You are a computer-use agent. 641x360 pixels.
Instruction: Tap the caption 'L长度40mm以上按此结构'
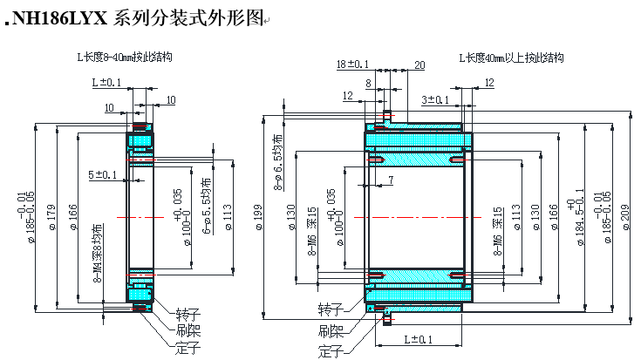pos(511,58)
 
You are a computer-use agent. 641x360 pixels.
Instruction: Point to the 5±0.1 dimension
pos(103,175)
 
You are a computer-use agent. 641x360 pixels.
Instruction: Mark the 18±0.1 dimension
pos(351,64)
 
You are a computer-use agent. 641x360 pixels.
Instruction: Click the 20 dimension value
pos(419,65)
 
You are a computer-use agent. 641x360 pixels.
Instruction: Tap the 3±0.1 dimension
pos(437,100)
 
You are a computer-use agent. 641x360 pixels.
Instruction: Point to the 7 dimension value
pos(390,180)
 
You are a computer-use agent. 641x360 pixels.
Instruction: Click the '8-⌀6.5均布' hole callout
pos(278,161)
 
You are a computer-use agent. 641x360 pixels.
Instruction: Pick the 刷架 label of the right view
pos(331,331)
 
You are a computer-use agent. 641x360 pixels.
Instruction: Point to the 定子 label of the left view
pos(187,347)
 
